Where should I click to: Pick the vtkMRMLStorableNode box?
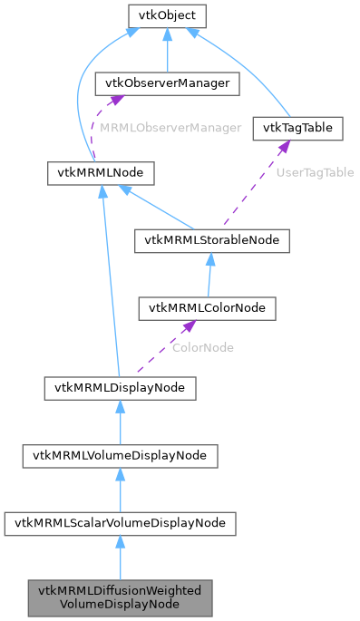coord(211,240)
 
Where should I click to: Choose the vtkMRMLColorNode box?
coord(206,309)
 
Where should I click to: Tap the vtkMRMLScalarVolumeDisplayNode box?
coord(121,524)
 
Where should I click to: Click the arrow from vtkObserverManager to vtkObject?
coord(167,51)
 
